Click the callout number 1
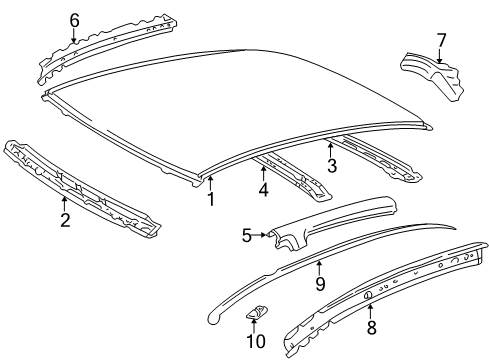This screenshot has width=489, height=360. [x=211, y=199]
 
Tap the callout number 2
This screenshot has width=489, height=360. [x=65, y=220]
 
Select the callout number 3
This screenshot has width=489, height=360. [x=332, y=166]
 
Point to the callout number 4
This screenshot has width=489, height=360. [x=263, y=189]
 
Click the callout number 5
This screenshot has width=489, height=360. [x=247, y=235]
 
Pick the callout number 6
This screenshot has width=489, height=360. [x=74, y=21]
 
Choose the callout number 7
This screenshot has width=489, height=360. [x=441, y=41]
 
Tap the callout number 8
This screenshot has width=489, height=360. [x=372, y=327]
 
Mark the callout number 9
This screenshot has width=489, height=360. [x=320, y=284]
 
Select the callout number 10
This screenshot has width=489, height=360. [x=256, y=341]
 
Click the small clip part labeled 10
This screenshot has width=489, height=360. [x=255, y=313]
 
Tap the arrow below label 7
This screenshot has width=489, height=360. [x=440, y=56]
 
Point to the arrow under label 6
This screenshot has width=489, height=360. [x=74, y=35]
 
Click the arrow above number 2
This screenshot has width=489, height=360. [x=64, y=204]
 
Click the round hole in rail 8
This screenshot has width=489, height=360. [x=369, y=295]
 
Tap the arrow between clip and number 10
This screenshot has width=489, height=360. [x=254, y=326]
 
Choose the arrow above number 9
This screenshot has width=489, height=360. [x=319, y=268]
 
